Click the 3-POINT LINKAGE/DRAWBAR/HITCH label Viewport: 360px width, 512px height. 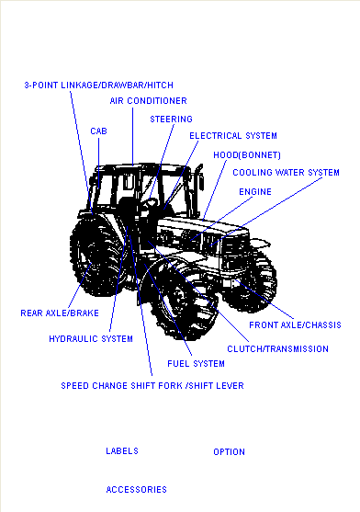pyautogui.click(x=99, y=85)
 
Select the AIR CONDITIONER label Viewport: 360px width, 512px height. pyautogui.click(x=149, y=101)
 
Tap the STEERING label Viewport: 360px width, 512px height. pyautogui.click(x=171, y=119)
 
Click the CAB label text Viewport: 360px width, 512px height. pyautogui.click(x=98, y=131)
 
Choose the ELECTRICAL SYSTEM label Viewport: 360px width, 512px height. pyautogui.click(x=233, y=135)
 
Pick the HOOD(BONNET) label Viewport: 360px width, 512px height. pyautogui.click(x=247, y=154)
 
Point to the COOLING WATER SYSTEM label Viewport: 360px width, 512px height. pyautogui.click(x=286, y=173)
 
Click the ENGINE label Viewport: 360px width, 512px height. pyautogui.click(x=255, y=192)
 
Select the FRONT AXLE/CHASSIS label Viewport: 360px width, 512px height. pyautogui.click(x=295, y=324)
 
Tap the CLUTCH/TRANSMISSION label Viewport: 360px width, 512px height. pyautogui.click(x=278, y=349)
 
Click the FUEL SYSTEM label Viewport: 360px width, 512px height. pyautogui.click(x=196, y=364)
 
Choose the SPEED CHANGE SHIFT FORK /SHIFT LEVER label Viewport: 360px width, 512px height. pyautogui.click(x=152, y=386)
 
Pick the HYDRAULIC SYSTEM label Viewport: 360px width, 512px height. pyautogui.click(x=91, y=339)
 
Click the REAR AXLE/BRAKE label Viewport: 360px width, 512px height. pyautogui.click(x=60, y=313)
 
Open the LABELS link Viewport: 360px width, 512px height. pyautogui.click(x=122, y=451)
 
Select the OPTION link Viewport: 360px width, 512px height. pyautogui.click(x=229, y=452)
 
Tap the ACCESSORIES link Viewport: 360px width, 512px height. pyautogui.click(x=136, y=489)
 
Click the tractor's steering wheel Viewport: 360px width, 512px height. pyautogui.click(x=151, y=203)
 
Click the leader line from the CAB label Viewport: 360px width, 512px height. pyautogui.click(x=99, y=163)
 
